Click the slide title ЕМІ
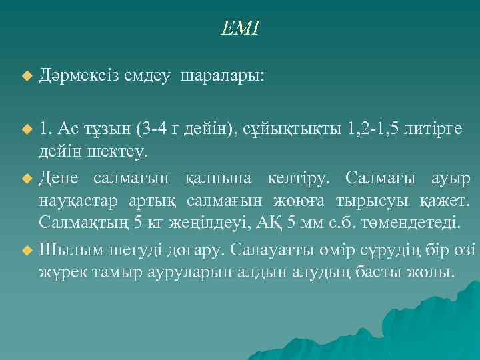[x=241, y=29]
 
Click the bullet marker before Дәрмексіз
[x=27, y=78]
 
